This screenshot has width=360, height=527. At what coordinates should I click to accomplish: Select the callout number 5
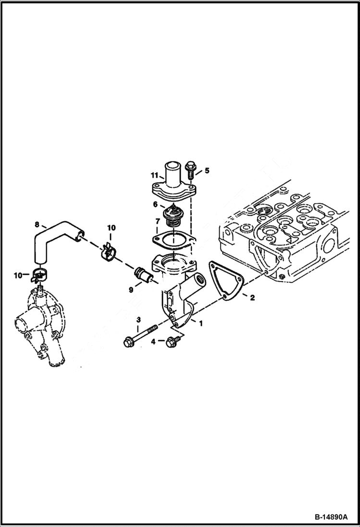point(207,170)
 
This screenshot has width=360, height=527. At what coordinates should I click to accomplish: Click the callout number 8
point(37,224)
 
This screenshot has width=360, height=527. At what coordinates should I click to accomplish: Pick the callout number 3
point(138,320)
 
